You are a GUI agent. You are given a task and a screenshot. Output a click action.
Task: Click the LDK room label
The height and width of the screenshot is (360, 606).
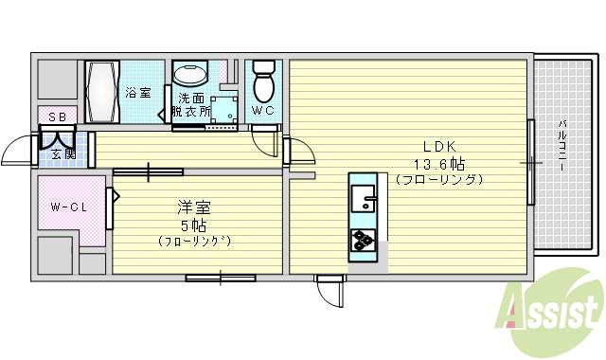440,147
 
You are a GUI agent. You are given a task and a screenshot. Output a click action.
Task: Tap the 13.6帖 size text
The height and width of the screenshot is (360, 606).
439,163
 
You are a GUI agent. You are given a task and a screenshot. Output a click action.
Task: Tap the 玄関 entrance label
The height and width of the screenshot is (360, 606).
62,154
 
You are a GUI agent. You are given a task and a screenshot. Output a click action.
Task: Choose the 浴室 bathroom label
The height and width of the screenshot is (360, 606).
138,93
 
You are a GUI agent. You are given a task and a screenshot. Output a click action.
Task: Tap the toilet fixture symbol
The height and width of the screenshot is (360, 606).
264,82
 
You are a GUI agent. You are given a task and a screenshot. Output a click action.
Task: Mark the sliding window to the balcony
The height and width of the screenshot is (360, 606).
531,163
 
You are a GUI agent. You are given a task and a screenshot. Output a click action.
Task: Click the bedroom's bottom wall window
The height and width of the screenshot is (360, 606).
221,278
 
